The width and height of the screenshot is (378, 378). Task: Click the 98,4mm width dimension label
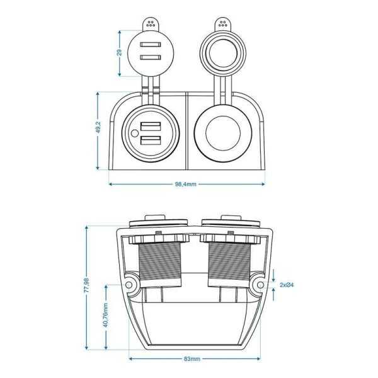186,185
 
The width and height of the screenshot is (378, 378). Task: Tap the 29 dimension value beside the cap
120,52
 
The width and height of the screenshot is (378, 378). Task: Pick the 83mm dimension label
192,359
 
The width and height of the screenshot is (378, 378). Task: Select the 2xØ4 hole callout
286,285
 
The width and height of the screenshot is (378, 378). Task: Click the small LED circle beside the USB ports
135,133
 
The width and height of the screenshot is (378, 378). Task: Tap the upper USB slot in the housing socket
152,125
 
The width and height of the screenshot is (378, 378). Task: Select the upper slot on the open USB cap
149,45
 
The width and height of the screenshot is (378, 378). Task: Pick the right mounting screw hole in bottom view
258,285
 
